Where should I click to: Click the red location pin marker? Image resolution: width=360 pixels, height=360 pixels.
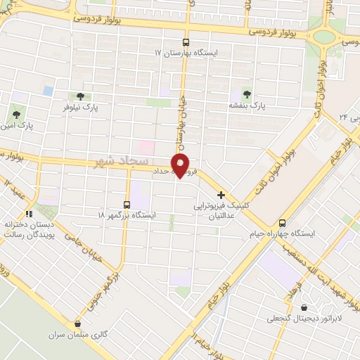(x=181, y=167)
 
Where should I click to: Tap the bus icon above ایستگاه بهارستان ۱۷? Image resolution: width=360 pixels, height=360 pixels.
(x=186, y=41)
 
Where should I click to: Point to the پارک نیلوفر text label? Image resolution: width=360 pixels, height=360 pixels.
(x=79, y=109)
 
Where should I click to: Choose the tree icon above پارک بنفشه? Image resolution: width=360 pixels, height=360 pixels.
(x=246, y=94)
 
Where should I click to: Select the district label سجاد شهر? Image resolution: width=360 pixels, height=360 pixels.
(x=115, y=162)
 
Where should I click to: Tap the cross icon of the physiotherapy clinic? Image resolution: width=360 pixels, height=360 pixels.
(x=221, y=195)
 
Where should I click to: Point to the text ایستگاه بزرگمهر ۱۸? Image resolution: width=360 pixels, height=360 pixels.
(x=127, y=215)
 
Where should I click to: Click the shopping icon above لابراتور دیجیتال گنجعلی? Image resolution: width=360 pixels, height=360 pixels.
(x=303, y=307)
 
